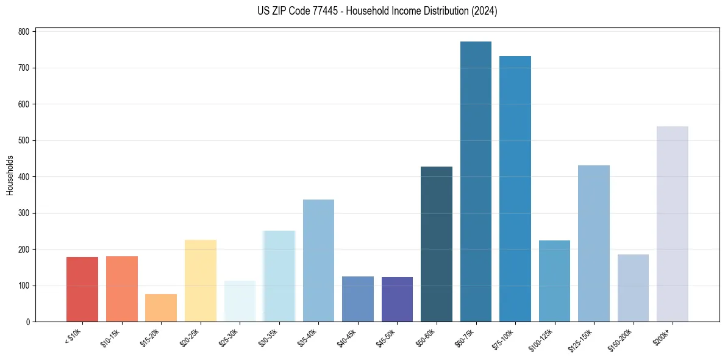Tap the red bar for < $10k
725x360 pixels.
[x=82, y=289]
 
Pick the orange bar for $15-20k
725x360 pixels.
[x=161, y=308]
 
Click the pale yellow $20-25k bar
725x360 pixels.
[x=201, y=281]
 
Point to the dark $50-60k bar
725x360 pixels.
[x=437, y=244]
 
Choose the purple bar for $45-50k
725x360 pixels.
[x=397, y=300]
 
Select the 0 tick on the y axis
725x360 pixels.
[x=29, y=322]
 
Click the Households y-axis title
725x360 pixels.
[x=10, y=175]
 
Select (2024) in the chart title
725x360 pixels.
[x=485, y=11]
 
